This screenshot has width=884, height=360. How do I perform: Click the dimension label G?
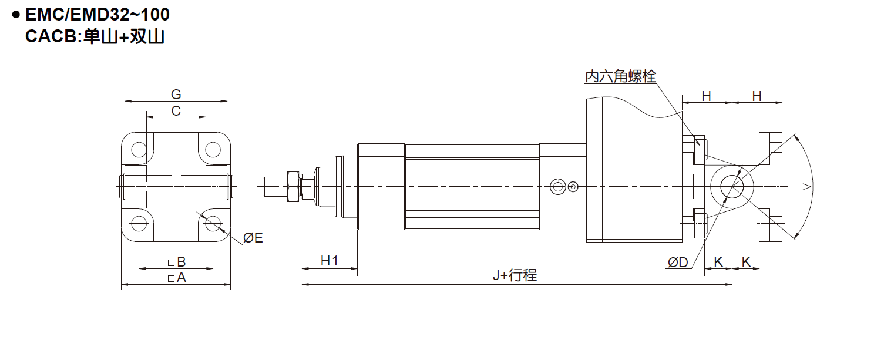coord(176,95)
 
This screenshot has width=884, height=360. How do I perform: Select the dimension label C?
coord(176,111)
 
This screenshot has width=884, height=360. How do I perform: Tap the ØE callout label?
coord(253,238)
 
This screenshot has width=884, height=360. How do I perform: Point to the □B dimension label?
coord(176,262)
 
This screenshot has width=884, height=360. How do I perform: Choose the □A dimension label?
coord(176,278)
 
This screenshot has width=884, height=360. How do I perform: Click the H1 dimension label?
coord(330,261)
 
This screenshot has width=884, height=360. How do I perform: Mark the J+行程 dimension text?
coord(515,275)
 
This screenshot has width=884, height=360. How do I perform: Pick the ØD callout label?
coord(678,262)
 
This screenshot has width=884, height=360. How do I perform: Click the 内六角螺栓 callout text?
coord(620,76)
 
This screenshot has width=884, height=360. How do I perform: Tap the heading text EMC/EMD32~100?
coord(98,15)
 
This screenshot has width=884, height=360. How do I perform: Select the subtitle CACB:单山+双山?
coord(95,36)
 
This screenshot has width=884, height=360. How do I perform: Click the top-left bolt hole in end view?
coord(139,150)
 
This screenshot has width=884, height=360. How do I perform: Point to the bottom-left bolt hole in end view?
coord(139,223)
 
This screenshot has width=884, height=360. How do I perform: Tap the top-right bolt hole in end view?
coord(213,150)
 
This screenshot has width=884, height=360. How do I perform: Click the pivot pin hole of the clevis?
coord(732,186)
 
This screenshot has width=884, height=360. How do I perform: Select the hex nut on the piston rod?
coord(293,186)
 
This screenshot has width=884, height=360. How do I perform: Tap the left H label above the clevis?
coord(707,96)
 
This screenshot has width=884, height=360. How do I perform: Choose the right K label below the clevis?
coord(746,262)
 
